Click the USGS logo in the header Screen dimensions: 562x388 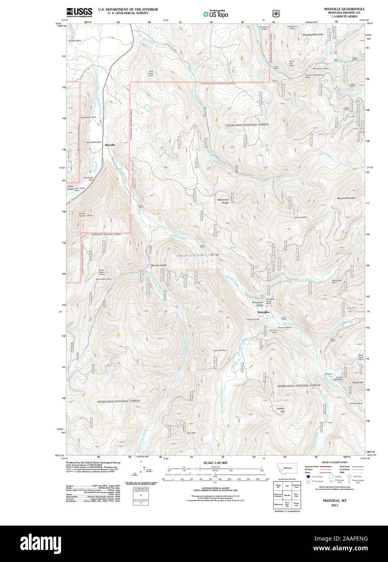(x=79, y=12)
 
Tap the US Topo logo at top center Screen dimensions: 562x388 (x=215, y=14)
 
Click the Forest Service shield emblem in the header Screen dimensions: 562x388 (x=276, y=13)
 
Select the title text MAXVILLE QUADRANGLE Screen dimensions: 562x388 (x=344, y=9)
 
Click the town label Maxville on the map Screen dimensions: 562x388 (x=110, y=145)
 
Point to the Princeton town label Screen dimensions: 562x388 (x=263, y=313)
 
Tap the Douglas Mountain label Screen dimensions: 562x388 (x=313, y=35)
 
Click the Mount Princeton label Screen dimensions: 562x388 (x=346, y=198)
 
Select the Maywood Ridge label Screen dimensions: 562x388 (x=223, y=201)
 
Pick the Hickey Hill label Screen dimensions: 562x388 (x=280, y=410)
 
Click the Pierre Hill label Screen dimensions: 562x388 (x=358, y=382)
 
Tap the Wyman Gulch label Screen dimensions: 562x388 (x=158, y=265)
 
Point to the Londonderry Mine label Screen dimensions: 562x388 (x=89, y=117)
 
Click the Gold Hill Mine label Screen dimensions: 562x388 (x=220, y=351)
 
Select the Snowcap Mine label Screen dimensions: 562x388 (x=301, y=218)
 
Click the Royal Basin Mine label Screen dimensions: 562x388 (x=103, y=279)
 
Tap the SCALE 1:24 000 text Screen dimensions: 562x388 (x=215, y=463)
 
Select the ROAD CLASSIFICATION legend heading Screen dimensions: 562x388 (x=334, y=462)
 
